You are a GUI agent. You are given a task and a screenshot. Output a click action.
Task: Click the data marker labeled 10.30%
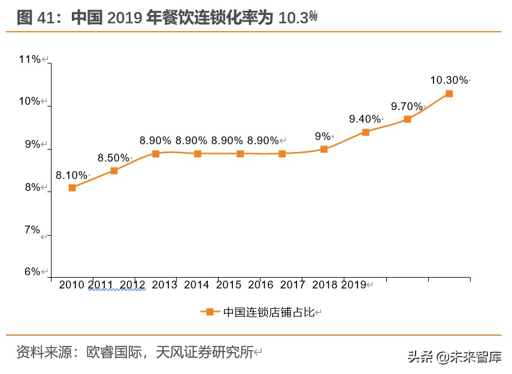449,94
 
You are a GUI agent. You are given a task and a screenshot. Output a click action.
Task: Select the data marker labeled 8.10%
72,187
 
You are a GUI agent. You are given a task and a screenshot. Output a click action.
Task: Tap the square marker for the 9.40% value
365,132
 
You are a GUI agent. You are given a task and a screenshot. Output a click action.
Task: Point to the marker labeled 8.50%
114,171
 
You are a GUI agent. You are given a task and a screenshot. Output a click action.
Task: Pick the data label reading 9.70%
407,107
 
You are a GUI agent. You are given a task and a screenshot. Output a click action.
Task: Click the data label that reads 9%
323,136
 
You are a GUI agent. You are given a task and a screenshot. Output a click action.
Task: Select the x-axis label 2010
71,285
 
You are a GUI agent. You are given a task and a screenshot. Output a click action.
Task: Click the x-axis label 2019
353,285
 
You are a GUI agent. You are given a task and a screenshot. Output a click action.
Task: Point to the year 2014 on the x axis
196,285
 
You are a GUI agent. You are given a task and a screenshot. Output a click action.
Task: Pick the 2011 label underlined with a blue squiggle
101,285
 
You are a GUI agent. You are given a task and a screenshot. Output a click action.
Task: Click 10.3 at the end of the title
293,18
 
